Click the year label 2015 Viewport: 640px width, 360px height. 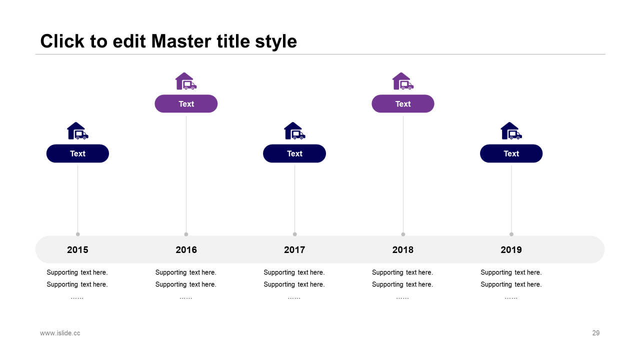pyautogui.click(x=77, y=249)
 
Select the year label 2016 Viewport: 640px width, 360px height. pyautogui.click(x=186, y=249)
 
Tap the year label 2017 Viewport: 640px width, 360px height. pyautogui.click(x=294, y=249)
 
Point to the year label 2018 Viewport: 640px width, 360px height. pyautogui.click(x=402, y=249)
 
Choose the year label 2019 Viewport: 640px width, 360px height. pyautogui.click(x=511, y=249)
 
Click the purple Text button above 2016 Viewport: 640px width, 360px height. pyautogui.click(x=186, y=103)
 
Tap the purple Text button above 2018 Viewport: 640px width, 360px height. pyautogui.click(x=403, y=103)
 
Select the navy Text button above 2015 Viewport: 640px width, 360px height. pyautogui.click(x=77, y=153)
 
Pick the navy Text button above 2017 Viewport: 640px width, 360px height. pyautogui.click(x=294, y=153)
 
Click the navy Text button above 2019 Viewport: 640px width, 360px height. pyautogui.click(x=511, y=153)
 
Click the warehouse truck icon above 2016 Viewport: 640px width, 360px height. pyautogui.click(x=185, y=81)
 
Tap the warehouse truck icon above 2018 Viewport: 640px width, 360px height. pyautogui.click(x=402, y=81)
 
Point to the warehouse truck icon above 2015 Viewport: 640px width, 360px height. pyautogui.click(x=77, y=131)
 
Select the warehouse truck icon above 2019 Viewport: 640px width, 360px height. pyautogui.click(x=511, y=131)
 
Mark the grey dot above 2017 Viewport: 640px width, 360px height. pyautogui.click(x=294, y=234)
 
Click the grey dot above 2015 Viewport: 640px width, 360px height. pyautogui.click(x=77, y=234)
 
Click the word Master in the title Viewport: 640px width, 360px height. pyautogui.click(x=181, y=41)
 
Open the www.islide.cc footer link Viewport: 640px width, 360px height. pyautogui.click(x=60, y=333)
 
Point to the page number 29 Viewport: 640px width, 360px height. pyautogui.click(x=595, y=333)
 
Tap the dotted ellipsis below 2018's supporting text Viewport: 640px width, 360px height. pyautogui.click(x=402, y=298)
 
